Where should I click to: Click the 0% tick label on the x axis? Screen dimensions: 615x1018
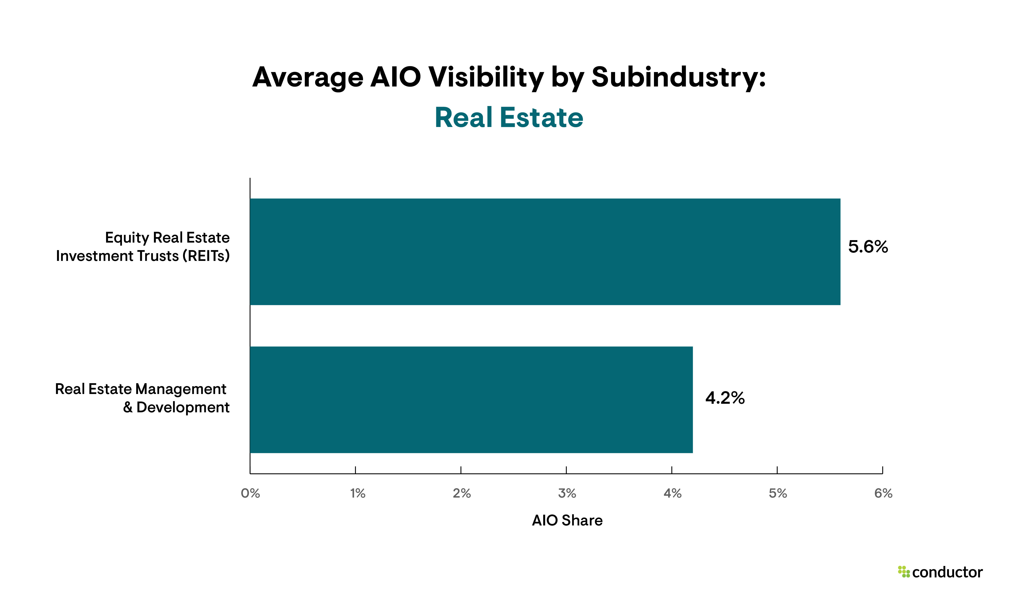(x=250, y=493)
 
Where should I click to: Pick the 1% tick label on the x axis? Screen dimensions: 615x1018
(x=357, y=493)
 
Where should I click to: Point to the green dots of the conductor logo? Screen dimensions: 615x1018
(x=904, y=572)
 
